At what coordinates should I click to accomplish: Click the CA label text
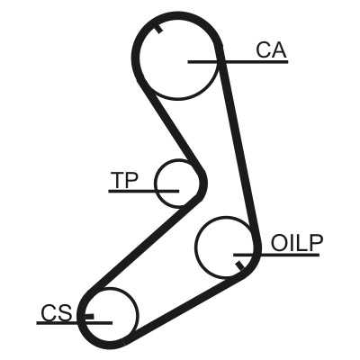[x=272, y=49]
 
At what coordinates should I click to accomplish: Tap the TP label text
[x=124, y=180]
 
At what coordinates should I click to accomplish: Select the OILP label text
[x=297, y=243]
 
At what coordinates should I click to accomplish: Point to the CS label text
[x=57, y=313]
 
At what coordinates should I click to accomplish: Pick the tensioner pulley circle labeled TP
[x=155, y=184]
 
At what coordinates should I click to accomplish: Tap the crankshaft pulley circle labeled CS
[x=137, y=314]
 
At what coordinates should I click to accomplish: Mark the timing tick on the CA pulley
[x=158, y=29]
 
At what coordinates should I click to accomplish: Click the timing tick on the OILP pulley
[x=239, y=265]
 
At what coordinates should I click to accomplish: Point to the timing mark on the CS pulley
[x=89, y=316]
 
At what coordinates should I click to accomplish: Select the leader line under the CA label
[x=238, y=62]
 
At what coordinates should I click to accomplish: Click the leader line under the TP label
[x=144, y=191]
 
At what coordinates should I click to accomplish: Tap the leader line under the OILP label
[x=276, y=255]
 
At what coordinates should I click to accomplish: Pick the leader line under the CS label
[x=75, y=323]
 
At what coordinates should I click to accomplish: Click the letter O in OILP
[x=279, y=243]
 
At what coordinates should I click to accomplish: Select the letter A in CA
[x=280, y=49]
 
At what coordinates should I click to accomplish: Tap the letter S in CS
[x=65, y=313]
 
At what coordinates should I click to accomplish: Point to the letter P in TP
[x=131, y=180]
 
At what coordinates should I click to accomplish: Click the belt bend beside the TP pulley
[x=203, y=183]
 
